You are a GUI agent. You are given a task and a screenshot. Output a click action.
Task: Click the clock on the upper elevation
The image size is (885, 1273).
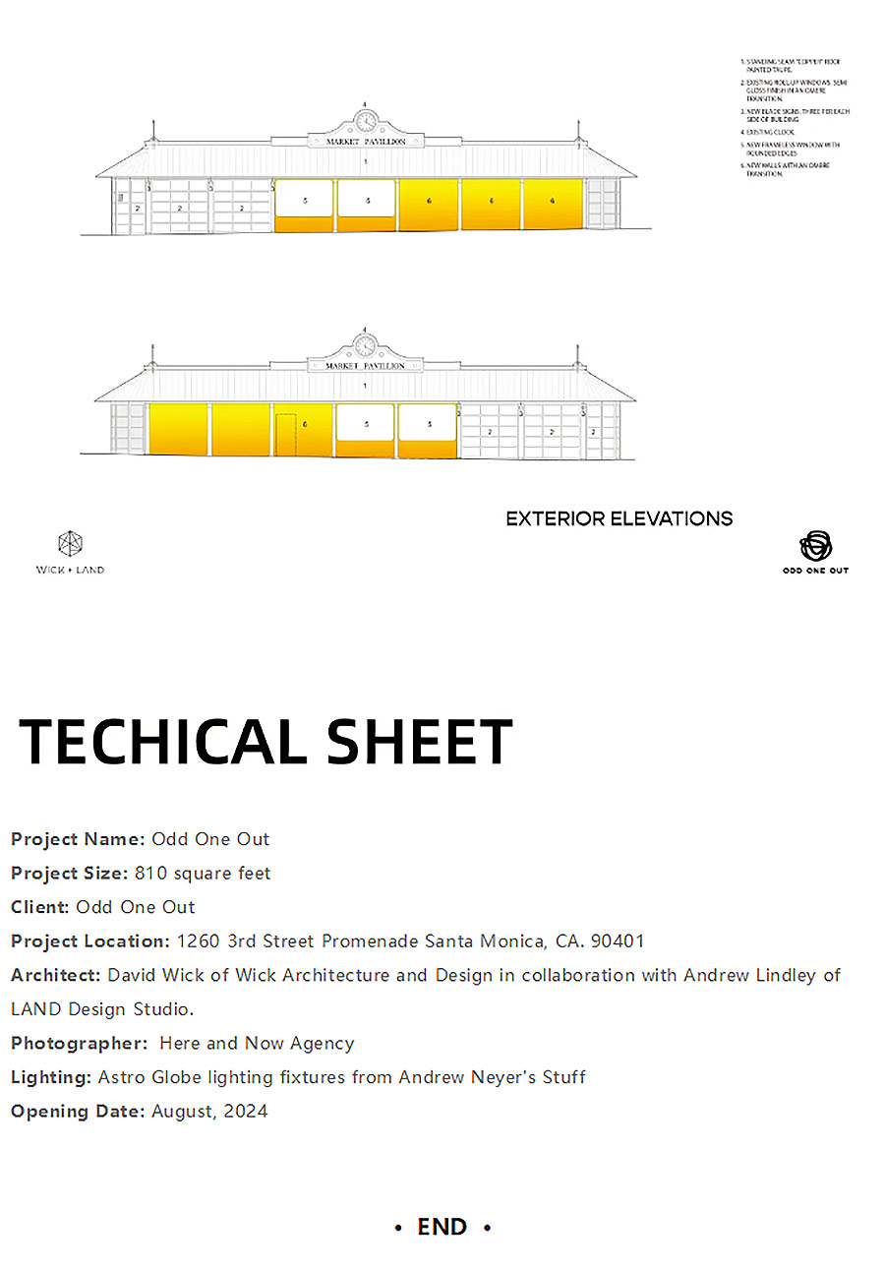[x=366, y=122]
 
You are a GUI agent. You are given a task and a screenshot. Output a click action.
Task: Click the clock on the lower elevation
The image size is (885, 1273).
[x=366, y=346]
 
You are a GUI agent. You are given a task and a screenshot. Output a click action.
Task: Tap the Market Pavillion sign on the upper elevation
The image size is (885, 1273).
[x=366, y=142]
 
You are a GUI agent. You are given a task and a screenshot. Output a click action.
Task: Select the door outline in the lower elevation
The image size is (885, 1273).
[x=285, y=435]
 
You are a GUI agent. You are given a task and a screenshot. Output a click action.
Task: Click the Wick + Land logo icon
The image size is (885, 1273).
[x=70, y=543]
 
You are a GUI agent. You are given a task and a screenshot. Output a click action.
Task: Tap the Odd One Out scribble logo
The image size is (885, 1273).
[x=815, y=546]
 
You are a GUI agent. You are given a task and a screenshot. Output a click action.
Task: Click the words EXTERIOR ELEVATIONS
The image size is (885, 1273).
[x=619, y=518]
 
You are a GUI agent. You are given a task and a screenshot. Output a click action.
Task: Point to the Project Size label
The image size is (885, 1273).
[x=69, y=873]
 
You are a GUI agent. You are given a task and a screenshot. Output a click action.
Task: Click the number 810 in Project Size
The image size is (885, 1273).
[x=150, y=873]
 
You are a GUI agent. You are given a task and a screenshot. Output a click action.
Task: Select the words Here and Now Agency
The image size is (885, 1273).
[x=257, y=1043]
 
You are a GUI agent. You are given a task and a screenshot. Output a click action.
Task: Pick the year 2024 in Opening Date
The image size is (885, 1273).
[x=246, y=1112]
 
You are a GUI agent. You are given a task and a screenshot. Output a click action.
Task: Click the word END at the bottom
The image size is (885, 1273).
[x=442, y=1227]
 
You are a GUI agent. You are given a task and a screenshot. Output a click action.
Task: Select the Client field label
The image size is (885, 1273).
[x=39, y=907]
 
